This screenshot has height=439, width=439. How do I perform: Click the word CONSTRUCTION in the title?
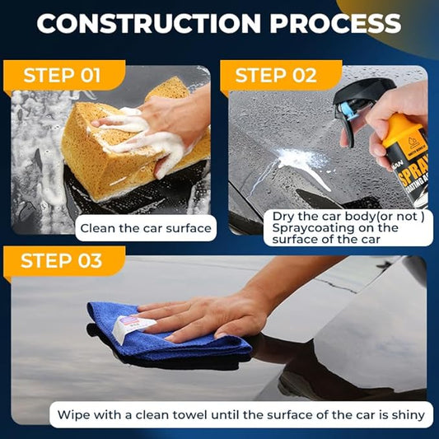coord(148,23)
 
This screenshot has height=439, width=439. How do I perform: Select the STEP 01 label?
coord(62,76)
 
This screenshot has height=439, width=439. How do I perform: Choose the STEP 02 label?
coord(276,76)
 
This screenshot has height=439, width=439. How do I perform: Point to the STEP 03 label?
coord(62,261)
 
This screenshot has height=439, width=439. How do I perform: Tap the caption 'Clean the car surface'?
coord(145,228)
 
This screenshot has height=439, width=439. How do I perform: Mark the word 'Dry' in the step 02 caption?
coord(282,217)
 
